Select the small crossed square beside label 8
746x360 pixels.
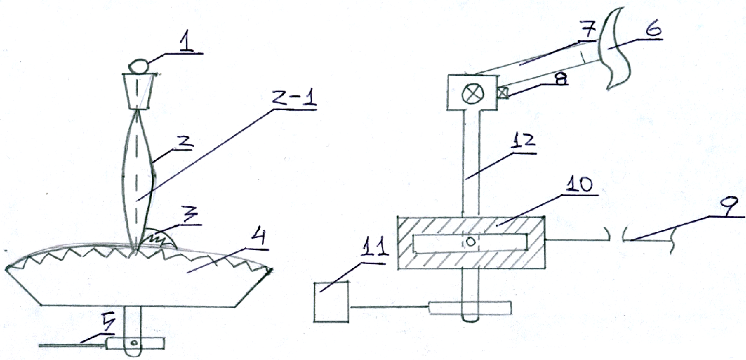(501, 93)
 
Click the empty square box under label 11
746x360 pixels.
(331, 301)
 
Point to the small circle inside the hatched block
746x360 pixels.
(470, 242)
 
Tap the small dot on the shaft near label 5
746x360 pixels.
(135, 342)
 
